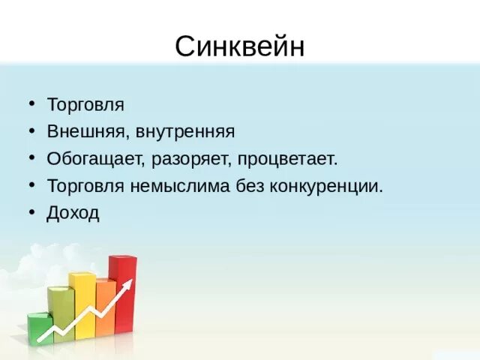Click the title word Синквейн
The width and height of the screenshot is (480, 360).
pos(240,46)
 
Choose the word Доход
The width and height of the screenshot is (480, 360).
pos(73,213)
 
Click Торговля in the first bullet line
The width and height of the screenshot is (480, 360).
pos(85,105)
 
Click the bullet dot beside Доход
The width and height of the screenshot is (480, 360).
pos(31,213)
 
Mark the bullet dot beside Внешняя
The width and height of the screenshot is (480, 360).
pos(31,132)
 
